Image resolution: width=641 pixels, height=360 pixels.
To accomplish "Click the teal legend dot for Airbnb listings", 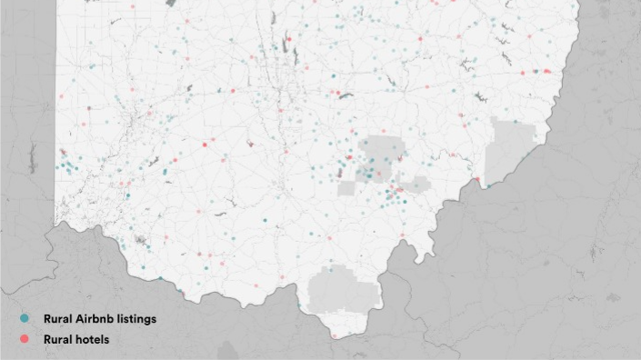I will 24,319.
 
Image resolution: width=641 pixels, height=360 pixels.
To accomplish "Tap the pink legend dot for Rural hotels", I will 24,338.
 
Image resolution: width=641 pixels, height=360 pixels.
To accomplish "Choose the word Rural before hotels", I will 56,339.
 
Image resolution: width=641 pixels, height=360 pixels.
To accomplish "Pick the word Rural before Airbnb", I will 56,319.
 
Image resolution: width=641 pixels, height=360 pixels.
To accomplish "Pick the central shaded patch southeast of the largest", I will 416,185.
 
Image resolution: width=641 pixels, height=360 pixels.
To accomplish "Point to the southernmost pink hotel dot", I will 335,335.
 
